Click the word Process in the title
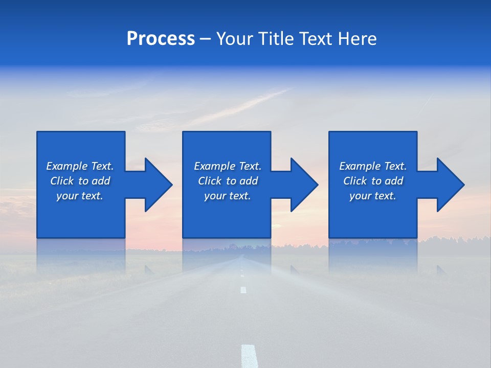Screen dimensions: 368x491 pos(161,39)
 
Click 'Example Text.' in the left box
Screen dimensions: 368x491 pos(80,166)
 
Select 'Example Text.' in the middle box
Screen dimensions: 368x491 pos(228,166)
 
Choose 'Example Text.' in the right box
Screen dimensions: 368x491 pos(373,166)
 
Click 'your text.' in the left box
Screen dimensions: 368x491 pos(80,196)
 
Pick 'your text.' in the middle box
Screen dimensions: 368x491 pos(228,196)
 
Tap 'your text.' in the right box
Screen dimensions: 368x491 pos(373,196)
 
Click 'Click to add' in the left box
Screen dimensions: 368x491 pos(80,181)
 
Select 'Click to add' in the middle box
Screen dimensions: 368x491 pos(228,181)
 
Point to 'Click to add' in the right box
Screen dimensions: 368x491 pos(373,181)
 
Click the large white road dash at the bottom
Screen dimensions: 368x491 pos(249,356)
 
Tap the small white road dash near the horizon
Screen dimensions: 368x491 pos(243,290)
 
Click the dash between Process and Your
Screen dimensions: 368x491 pos(205,39)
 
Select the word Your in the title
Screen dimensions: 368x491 pos(235,39)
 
